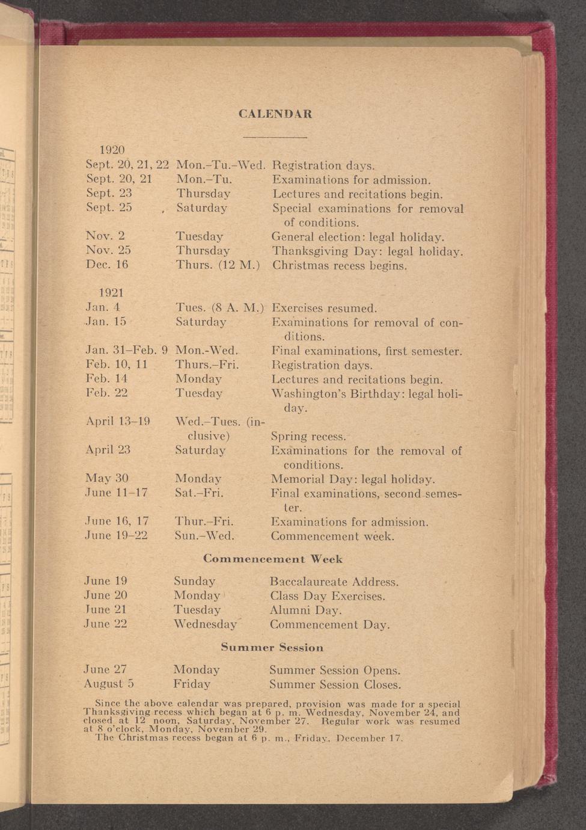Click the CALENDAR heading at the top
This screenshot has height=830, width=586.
[x=275, y=114]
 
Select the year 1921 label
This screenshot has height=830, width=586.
[x=111, y=293]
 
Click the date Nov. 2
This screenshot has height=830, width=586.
[x=105, y=236]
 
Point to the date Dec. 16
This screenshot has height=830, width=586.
[x=107, y=265]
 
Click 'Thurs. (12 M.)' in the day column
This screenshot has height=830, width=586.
[x=218, y=265]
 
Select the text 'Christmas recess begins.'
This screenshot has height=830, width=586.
[x=340, y=265]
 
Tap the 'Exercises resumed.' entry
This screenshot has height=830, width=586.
[x=324, y=309]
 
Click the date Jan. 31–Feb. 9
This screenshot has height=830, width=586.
[x=126, y=350]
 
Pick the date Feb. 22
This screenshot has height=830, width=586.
[x=106, y=393]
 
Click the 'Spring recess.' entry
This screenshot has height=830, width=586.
[x=308, y=436]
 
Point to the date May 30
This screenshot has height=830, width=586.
[x=107, y=478]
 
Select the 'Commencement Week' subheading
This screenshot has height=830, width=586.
[x=273, y=559]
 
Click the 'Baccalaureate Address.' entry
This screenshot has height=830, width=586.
[x=334, y=582]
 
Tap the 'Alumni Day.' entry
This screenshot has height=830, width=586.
[x=306, y=610]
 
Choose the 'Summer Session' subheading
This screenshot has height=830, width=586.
[x=272, y=647]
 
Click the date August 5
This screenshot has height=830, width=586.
[x=109, y=684]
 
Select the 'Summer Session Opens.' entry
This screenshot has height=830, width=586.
[x=335, y=670]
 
